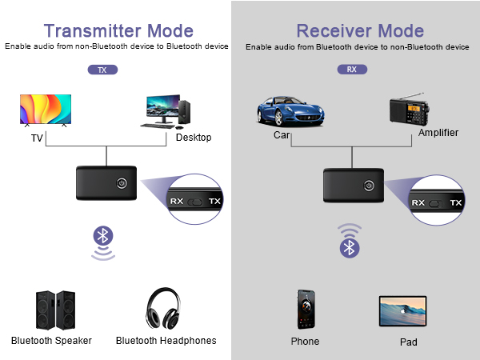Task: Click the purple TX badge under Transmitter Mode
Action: tap(102, 70)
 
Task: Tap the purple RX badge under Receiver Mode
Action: tap(352, 70)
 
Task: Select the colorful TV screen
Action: tap(46, 110)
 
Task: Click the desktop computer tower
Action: tap(184, 112)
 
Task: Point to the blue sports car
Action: tap(290, 111)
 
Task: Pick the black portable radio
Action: tap(409, 110)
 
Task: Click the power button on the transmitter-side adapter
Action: tap(122, 183)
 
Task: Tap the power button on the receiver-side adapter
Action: tap(369, 186)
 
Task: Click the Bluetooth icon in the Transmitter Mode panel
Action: tap(103, 236)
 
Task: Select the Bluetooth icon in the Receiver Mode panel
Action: tap(350, 248)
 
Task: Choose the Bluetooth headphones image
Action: tap(163, 308)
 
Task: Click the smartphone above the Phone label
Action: tap(306, 309)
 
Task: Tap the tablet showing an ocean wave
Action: tap(403, 311)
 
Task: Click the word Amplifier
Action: tap(438, 133)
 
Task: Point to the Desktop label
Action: tap(194, 138)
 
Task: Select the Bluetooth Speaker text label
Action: tap(51, 341)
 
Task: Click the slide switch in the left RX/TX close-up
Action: tap(195, 202)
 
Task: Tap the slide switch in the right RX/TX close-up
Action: tap(436, 203)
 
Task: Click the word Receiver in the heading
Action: tap(334, 31)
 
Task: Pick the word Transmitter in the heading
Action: tap(93, 31)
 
